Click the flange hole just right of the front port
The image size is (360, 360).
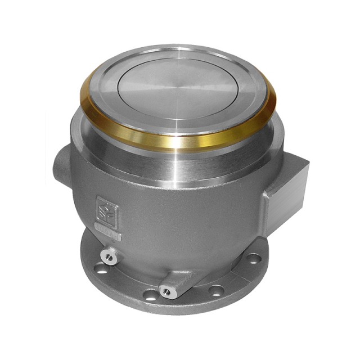(x=216, y=291)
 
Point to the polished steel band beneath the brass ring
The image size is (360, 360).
(x=180, y=160)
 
